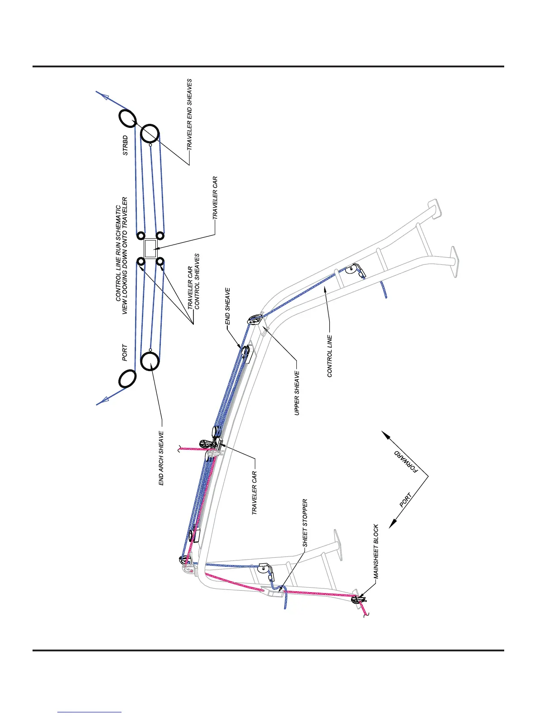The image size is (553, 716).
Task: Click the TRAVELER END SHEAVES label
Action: (x=189, y=115)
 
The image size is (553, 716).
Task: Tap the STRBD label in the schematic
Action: (x=125, y=146)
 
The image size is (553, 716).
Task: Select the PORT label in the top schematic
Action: (x=125, y=353)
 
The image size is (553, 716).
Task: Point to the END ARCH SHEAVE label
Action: (x=161, y=458)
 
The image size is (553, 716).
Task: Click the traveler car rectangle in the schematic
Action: (x=150, y=249)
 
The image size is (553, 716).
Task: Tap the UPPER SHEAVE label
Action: (x=297, y=393)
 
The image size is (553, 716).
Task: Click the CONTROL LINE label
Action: (x=330, y=356)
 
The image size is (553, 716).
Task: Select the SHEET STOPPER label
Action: (x=305, y=523)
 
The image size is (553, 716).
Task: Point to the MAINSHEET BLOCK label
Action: (x=376, y=552)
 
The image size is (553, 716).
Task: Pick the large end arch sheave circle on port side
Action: (x=150, y=362)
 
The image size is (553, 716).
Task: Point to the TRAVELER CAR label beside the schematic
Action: (x=215, y=198)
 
